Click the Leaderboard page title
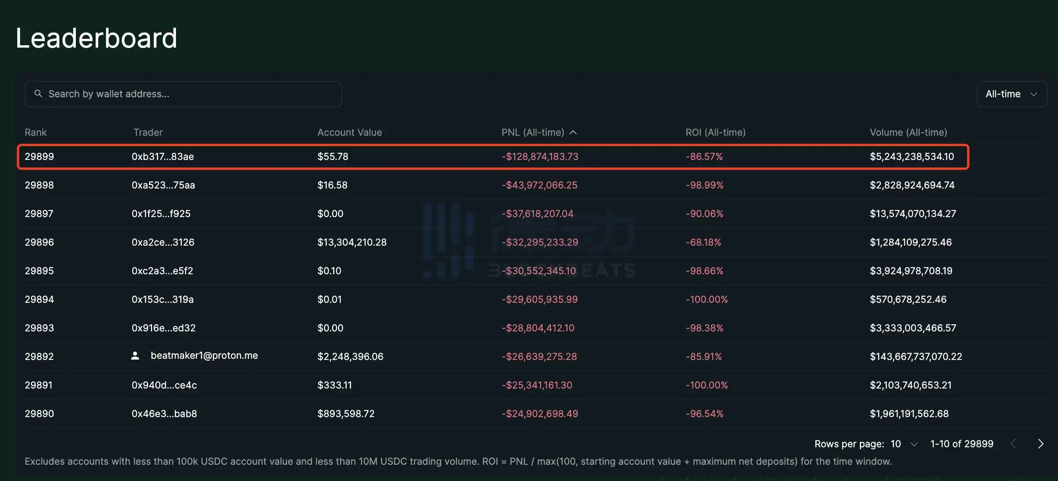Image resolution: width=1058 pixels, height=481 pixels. click(x=96, y=38)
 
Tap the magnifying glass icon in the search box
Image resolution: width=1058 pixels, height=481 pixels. click(x=38, y=94)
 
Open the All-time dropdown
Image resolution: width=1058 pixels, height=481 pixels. click(x=1011, y=94)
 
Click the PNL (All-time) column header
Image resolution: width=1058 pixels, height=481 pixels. click(x=532, y=132)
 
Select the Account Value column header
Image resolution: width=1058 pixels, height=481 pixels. click(x=349, y=132)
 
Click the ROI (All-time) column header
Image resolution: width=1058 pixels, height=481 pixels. click(x=715, y=132)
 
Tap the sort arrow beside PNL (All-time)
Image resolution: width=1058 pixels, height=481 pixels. click(x=573, y=132)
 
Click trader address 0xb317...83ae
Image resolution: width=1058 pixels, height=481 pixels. click(x=163, y=156)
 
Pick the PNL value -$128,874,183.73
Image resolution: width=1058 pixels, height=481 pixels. click(x=539, y=156)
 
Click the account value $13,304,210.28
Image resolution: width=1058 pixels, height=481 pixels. click(x=351, y=242)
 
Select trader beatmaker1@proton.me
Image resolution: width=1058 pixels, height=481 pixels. click(x=204, y=356)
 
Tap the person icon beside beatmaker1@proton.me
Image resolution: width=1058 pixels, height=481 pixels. click(x=135, y=356)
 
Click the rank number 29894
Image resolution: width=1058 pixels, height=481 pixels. click(x=39, y=299)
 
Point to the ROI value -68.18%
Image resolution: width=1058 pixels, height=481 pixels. click(x=703, y=242)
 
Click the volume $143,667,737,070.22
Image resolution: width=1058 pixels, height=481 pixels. click(x=915, y=356)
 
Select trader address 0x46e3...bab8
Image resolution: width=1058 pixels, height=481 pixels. click(x=164, y=413)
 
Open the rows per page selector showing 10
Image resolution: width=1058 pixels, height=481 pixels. click(x=904, y=444)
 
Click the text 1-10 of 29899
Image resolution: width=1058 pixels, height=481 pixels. click(x=961, y=444)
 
